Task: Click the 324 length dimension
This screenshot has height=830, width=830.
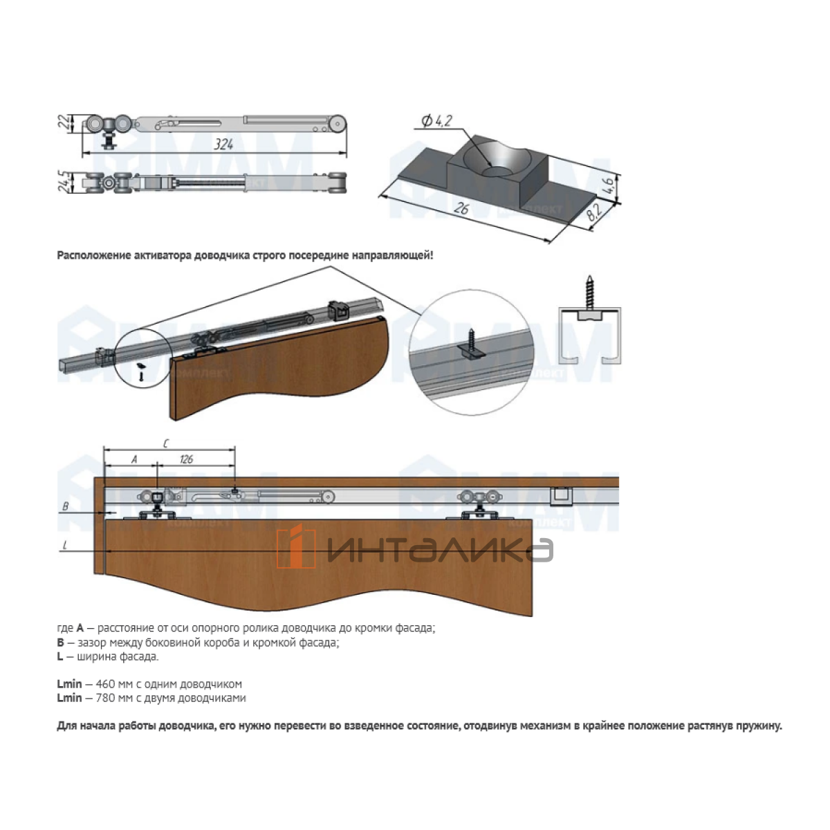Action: [x=223, y=145]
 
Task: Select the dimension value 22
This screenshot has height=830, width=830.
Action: [x=64, y=122]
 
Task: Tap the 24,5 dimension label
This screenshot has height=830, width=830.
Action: [x=64, y=182]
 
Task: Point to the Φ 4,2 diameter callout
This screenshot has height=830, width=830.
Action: [x=436, y=121]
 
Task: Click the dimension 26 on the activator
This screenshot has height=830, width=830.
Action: [x=461, y=208]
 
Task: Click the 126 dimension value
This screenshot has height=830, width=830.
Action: [x=186, y=459]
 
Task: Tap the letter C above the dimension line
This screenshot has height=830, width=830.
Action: [x=166, y=443]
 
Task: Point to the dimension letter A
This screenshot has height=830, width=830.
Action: [x=134, y=459]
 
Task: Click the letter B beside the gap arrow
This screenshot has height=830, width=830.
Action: [x=66, y=506]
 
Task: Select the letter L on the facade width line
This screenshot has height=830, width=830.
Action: [x=65, y=546]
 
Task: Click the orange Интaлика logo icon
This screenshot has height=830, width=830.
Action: [x=296, y=546]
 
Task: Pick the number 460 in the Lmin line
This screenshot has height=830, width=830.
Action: [x=104, y=684]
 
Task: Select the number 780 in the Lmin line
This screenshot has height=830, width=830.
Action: [x=104, y=698]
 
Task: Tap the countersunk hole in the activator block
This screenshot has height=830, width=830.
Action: [x=497, y=171]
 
